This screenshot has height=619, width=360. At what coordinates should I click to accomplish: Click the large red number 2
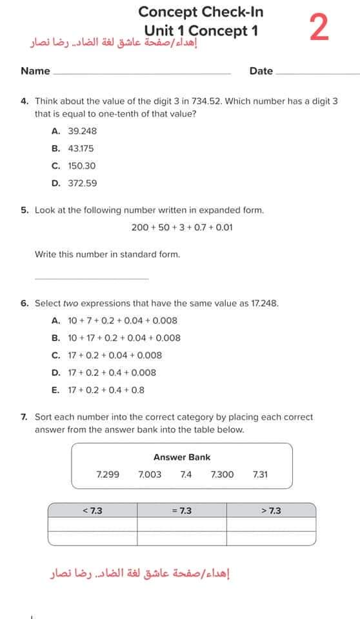319,28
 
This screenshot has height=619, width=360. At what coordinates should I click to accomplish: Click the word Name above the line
35,71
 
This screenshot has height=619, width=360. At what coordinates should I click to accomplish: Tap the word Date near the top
261,71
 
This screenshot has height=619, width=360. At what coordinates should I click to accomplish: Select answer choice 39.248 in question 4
82,131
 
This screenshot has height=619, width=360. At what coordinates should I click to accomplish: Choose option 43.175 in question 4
81,148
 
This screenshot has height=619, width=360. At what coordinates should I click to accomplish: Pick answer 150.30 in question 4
81,166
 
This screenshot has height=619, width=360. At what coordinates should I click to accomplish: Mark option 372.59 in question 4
82,183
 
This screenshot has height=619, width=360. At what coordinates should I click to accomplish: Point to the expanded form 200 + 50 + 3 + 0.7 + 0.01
182,228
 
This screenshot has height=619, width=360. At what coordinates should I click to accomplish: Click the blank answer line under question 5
91,278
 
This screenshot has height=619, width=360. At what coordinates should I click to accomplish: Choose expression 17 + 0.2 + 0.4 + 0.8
106,390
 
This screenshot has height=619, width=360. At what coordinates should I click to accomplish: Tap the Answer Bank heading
182,457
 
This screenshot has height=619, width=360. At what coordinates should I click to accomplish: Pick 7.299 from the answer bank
108,475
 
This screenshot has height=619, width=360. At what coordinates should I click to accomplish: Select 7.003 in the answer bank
150,475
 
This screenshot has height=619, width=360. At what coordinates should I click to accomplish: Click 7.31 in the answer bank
261,475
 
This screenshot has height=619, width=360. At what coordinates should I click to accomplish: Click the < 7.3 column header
92,511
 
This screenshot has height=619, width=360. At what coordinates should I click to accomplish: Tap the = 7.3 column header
182,511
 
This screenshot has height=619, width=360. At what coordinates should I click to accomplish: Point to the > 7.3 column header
271,511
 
